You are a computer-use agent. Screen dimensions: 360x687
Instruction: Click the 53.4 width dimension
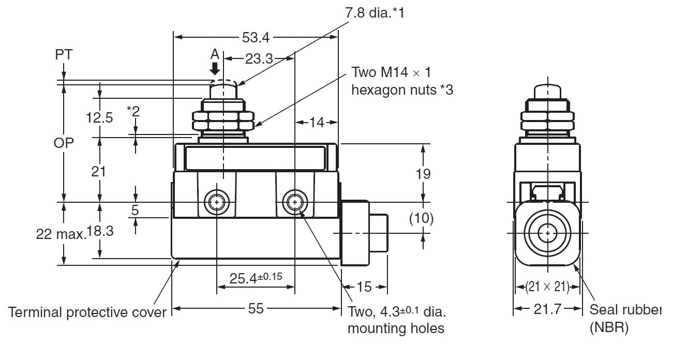point(255,37)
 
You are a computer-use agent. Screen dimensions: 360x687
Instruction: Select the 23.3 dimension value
point(259,59)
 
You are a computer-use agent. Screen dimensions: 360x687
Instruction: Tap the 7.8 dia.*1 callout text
point(375,13)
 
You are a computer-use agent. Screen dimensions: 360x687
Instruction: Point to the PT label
point(64,54)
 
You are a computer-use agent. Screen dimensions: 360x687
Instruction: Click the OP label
point(64,143)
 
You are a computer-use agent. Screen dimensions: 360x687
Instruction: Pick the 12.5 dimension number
point(99,117)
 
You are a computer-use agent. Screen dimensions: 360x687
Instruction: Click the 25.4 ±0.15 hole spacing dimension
point(256,278)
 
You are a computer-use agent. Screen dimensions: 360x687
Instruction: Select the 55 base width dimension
point(256,309)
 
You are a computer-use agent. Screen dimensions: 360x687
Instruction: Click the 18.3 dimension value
point(100,231)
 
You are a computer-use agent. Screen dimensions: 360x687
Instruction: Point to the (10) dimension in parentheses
point(421,218)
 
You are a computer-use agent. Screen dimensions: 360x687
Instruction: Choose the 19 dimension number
point(423,174)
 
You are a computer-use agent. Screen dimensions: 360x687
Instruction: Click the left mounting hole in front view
point(216,202)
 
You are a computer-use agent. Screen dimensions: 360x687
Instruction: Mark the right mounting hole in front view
point(294,202)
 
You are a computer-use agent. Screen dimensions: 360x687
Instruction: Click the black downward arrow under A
point(215,69)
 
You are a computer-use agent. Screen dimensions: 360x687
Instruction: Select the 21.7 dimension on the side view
point(547,309)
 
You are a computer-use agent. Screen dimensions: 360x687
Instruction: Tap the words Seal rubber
point(625,310)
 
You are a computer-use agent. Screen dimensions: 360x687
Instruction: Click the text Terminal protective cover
point(87,312)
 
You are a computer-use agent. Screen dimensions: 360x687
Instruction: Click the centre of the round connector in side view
point(547,234)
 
